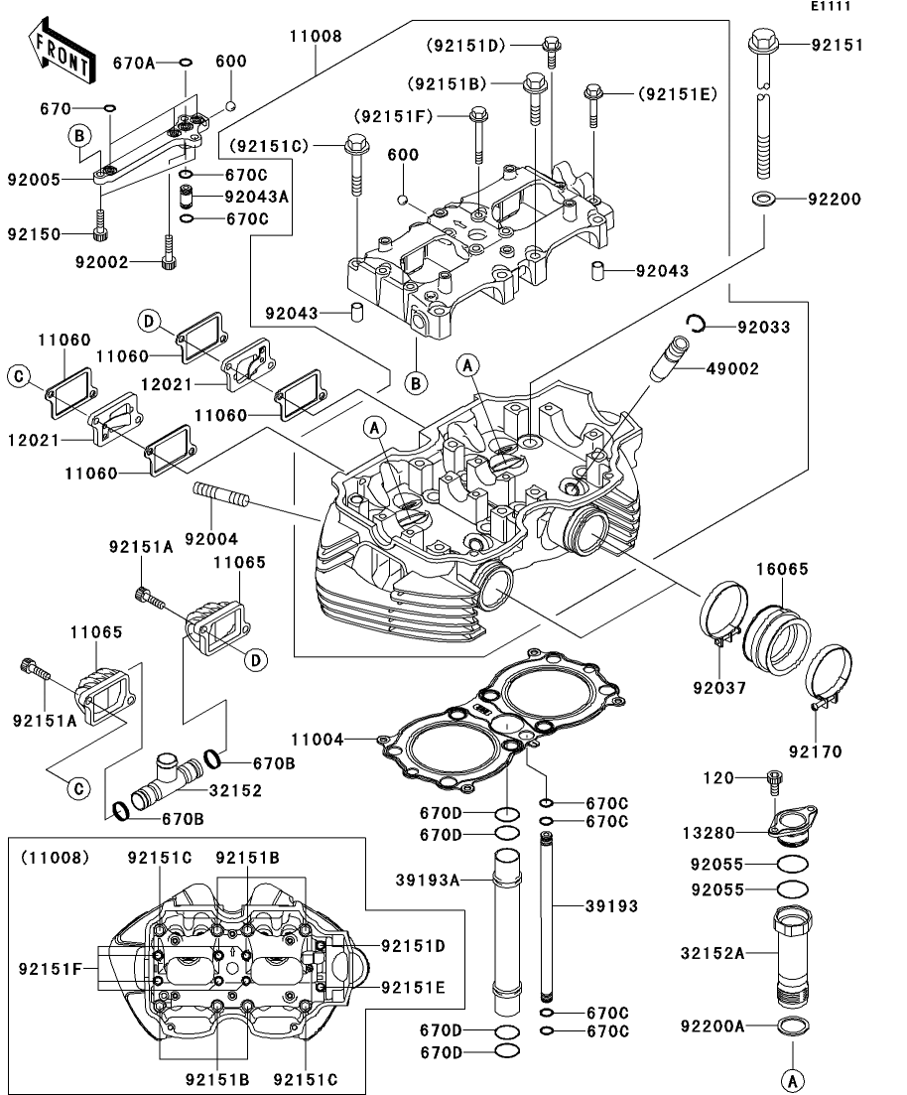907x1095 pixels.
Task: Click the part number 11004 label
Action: pos(318,739)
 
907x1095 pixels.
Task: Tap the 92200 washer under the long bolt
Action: pos(763,199)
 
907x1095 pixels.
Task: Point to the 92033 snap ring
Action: pos(696,324)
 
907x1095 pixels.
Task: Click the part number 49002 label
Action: pos(731,368)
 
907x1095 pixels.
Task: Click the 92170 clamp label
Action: pos(816,753)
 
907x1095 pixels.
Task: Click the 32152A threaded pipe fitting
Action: pos(793,956)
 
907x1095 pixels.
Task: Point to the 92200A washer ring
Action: pos(793,1026)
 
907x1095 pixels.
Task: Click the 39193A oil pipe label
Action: pos(428,881)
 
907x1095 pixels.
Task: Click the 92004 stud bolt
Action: pos(220,495)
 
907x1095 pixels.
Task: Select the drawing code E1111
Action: pos(831,6)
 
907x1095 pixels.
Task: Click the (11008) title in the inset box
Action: pos(56,858)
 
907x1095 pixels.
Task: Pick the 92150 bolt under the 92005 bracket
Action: pos(100,225)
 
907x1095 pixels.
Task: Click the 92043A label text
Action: pos(256,197)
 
